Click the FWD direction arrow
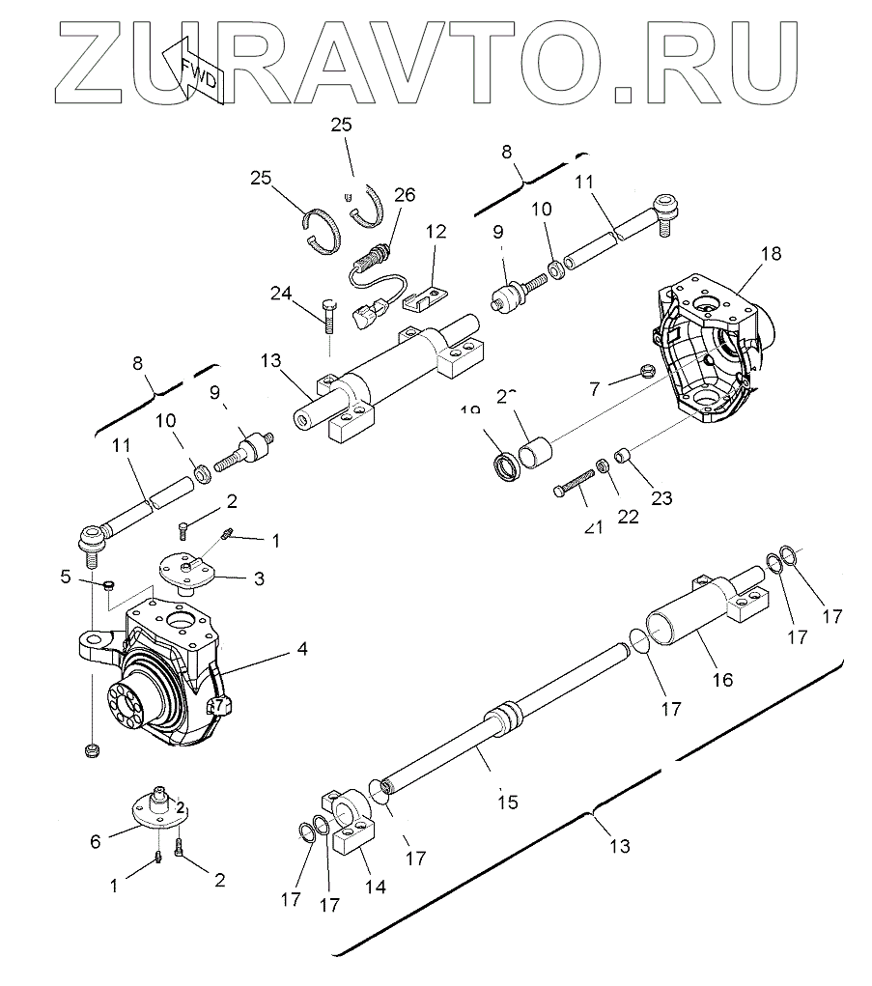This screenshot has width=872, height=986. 196,73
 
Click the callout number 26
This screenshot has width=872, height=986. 404,195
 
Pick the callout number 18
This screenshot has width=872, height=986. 771,254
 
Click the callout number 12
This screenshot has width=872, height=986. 436,233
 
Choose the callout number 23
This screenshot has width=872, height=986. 661,498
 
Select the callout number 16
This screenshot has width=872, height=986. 722,680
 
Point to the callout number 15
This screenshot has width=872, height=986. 508,801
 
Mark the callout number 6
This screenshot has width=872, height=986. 95,841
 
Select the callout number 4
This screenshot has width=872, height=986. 302,650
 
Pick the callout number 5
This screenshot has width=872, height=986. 66,577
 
